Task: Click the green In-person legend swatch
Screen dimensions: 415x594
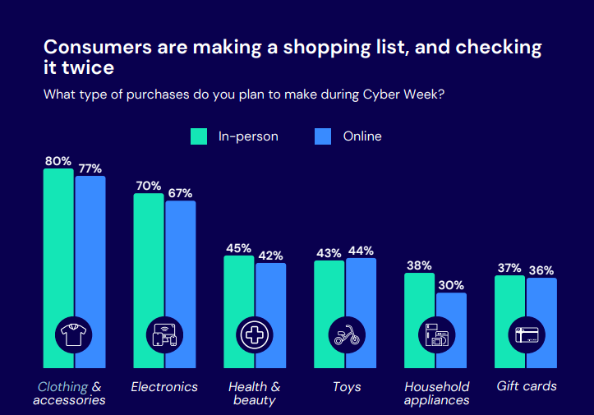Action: pyautogui.click(x=199, y=136)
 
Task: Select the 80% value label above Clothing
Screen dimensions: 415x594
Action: pyautogui.click(x=58, y=161)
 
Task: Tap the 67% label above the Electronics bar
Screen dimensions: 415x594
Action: pyautogui.click(x=180, y=193)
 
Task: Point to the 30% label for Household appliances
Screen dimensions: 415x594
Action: pyautogui.click(x=452, y=285)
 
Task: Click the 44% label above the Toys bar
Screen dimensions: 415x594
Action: pyautogui.click(x=361, y=251)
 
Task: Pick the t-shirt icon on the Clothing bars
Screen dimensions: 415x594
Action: pyautogui.click(x=74, y=334)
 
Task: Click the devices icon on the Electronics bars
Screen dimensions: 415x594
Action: pyautogui.click(x=164, y=334)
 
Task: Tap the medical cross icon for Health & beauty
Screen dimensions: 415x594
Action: pyautogui.click(x=255, y=334)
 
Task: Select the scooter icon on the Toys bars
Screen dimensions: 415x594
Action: pyautogui.click(x=345, y=334)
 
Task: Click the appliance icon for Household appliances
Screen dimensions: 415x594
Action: pyautogui.click(x=435, y=334)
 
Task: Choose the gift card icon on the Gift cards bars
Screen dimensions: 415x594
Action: pyautogui.click(x=526, y=334)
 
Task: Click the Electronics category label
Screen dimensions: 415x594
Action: pyautogui.click(x=164, y=387)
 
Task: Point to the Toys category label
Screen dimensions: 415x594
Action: pyautogui.click(x=345, y=387)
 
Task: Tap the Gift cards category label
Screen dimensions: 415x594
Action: pyautogui.click(x=527, y=386)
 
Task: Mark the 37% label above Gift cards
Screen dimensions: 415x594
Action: pyautogui.click(x=509, y=268)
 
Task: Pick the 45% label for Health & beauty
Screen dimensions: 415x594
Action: pyautogui.click(x=239, y=248)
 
